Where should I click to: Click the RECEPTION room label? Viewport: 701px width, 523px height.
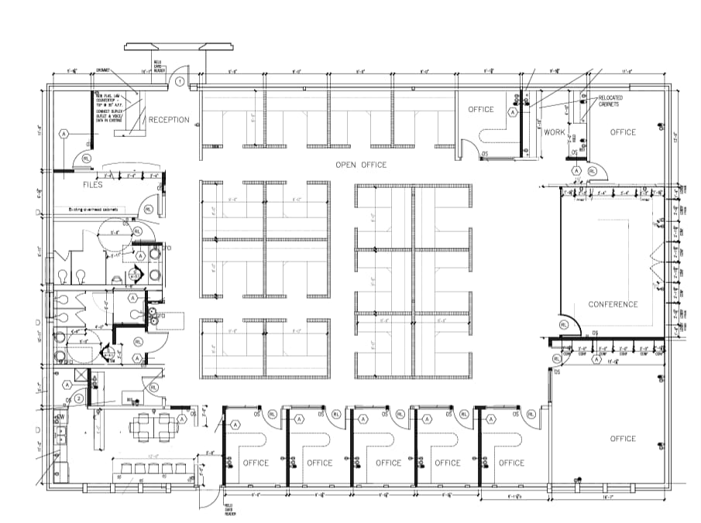pyautogui.click(x=168, y=119)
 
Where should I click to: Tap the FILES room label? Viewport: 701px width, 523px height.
pyautogui.click(x=93, y=185)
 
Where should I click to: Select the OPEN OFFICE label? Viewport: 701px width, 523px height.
pyautogui.click(x=360, y=165)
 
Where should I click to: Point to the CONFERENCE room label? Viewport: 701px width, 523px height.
pyautogui.click(x=613, y=304)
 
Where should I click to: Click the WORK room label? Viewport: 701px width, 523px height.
pyautogui.click(x=554, y=132)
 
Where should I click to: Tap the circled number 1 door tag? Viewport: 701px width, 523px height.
pyautogui.click(x=179, y=80)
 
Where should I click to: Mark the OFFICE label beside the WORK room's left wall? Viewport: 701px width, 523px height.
pyautogui.click(x=480, y=109)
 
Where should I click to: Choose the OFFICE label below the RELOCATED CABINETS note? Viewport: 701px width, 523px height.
pyautogui.click(x=622, y=132)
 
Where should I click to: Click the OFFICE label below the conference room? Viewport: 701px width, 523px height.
pyautogui.click(x=622, y=439)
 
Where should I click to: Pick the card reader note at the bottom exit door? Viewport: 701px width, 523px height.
pyautogui.click(x=229, y=509)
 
